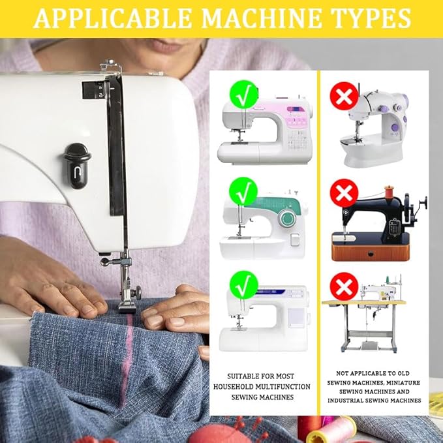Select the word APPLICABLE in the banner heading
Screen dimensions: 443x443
113,18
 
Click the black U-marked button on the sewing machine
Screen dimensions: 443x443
77,166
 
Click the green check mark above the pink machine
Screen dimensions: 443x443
244,95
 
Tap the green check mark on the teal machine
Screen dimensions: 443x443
243,191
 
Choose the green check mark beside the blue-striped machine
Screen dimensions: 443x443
244,285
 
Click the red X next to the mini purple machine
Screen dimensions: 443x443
344,96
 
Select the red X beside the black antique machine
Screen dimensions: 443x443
344,193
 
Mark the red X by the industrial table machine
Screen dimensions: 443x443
344,286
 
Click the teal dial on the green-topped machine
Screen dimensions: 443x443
287,219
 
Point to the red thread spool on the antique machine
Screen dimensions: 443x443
390,191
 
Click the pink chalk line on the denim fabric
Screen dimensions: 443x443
127,359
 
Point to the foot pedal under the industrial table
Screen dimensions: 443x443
369,346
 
